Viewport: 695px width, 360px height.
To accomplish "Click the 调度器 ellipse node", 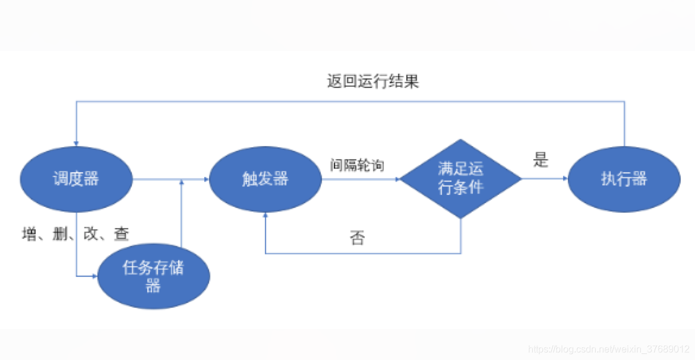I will (x=75, y=178).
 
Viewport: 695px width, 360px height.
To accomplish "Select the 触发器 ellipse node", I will (x=265, y=178).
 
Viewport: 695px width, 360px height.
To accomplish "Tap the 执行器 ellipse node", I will (x=624, y=178).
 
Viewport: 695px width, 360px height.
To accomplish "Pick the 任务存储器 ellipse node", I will (x=153, y=276).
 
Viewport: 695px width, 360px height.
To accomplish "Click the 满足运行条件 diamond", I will (x=461, y=178).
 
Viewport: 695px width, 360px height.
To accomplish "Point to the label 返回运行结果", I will (x=373, y=81).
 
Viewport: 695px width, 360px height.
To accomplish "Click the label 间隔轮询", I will (x=357, y=165).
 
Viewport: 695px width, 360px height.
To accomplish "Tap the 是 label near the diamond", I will (x=541, y=160).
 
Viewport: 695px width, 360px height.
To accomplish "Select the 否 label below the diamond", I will (x=357, y=238).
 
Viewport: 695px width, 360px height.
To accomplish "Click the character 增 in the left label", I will (x=29, y=234).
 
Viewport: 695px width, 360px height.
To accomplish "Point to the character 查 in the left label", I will (x=122, y=234).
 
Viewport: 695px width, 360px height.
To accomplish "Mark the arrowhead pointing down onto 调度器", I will (x=76, y=143).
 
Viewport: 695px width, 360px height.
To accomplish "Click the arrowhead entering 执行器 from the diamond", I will (x=564, y=178).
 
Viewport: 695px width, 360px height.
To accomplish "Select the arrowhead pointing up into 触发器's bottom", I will (x=265, y=215).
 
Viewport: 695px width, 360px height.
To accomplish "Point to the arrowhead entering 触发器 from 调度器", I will (x=206, y=178).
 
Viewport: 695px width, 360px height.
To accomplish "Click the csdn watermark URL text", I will (x=608, y=349).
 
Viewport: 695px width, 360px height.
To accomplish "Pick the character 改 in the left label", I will (x=90, y=234).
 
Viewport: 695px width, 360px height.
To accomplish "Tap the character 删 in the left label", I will (x=59, y=234).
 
